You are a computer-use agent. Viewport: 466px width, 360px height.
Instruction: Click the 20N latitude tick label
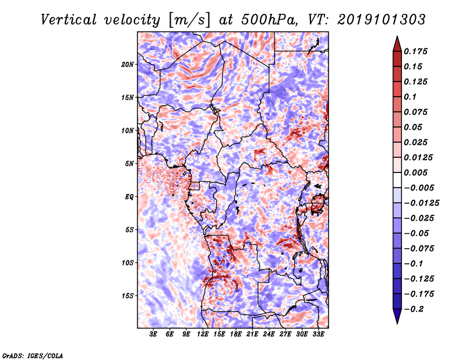[128, 64]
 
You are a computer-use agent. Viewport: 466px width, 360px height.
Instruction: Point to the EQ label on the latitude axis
[130, 196]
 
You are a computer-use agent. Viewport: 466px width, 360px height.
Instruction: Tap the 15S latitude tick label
[128, 295]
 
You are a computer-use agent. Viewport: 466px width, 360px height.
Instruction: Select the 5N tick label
[130, 163]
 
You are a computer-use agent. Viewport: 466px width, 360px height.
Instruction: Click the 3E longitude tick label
[153, 334]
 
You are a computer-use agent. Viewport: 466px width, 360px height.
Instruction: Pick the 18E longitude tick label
[236, 334]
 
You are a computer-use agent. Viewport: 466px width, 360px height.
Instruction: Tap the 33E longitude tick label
[318, 334]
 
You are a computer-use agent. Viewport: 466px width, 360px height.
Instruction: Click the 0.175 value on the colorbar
[417, 51]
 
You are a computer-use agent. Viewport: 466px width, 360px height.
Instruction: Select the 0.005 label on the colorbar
[417, 172]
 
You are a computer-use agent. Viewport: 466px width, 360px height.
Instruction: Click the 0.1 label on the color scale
[411, 97]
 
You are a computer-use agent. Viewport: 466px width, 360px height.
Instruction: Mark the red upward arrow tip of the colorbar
[396, 40]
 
